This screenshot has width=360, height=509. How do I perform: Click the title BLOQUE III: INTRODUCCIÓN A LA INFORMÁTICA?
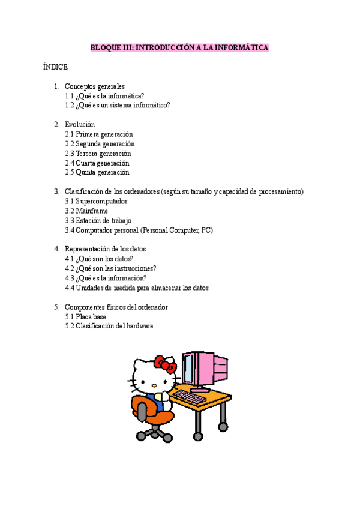pos(179,47)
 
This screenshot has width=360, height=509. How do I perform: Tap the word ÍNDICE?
pos(55,67)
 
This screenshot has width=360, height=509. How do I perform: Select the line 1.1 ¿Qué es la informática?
pos(104,96)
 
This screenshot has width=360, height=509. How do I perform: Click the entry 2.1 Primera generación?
pos(99,134)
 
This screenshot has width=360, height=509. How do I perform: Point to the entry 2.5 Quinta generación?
pos(97,173)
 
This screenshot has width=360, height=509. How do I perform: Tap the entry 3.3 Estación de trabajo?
pos(98,221)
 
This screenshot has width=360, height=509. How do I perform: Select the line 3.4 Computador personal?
pos(139,230)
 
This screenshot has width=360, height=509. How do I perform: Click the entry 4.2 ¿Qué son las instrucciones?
pos(110,269)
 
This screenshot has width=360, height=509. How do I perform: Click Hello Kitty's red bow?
pos(165,364)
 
